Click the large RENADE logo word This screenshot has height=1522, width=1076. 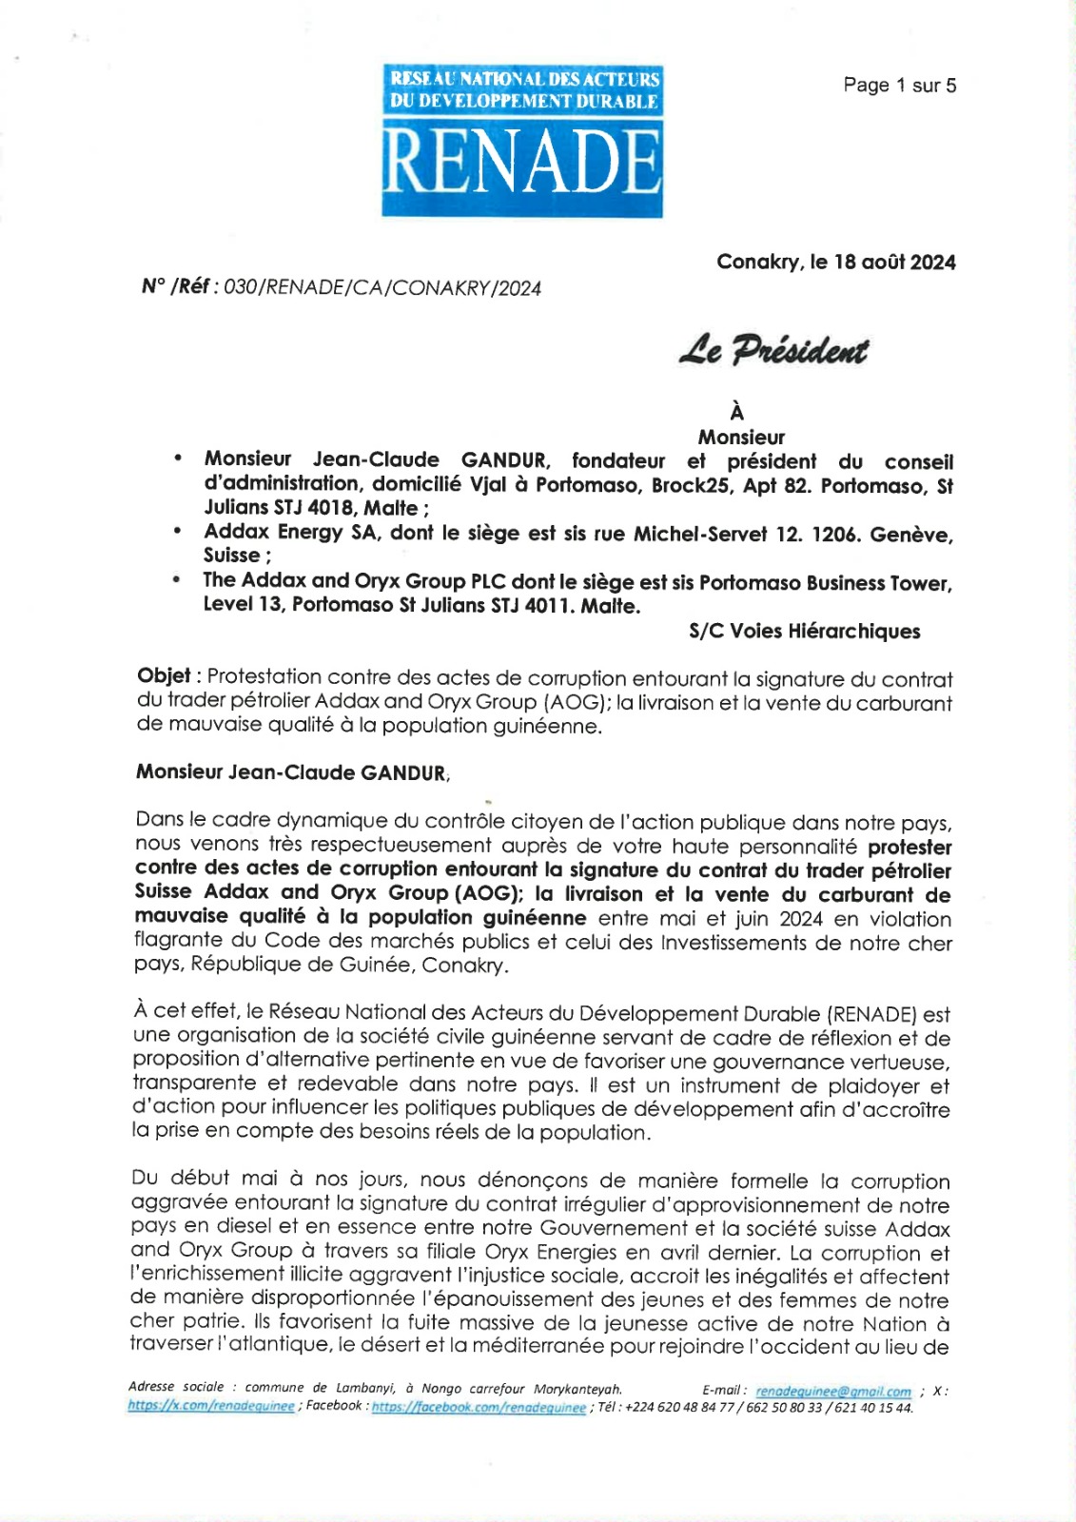[521, 162]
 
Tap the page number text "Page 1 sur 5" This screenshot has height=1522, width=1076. [899, 86]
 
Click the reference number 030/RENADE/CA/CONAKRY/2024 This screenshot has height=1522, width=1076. [381, 288]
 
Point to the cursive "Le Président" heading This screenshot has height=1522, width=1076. [773, 351]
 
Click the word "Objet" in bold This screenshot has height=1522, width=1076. [164, 676]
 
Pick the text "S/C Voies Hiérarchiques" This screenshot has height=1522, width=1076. [804, 632]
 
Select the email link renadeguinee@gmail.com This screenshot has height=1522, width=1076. [833, 1392]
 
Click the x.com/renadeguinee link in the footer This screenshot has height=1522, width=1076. [211, 1407]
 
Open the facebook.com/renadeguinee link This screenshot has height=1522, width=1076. [479, 1408]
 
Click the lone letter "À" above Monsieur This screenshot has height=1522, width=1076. [736, 413]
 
